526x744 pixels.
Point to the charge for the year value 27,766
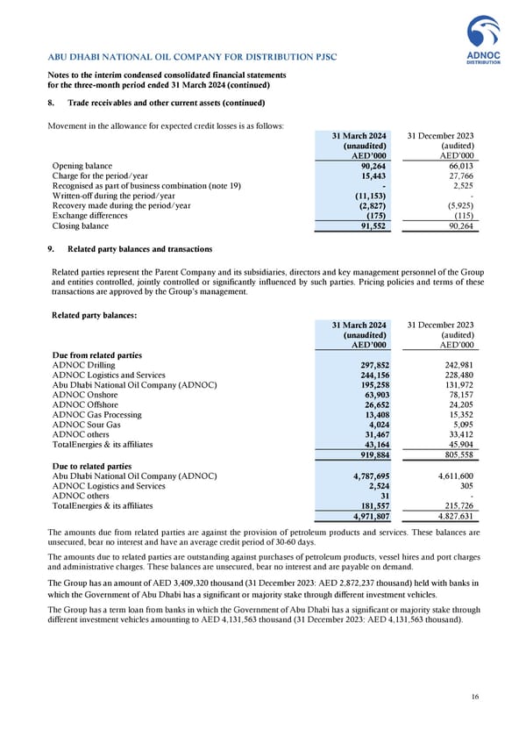point(461,177)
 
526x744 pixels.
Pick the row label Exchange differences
point(89,213)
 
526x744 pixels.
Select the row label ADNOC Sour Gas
point(88,423)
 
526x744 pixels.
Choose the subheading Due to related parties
point(92,466)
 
